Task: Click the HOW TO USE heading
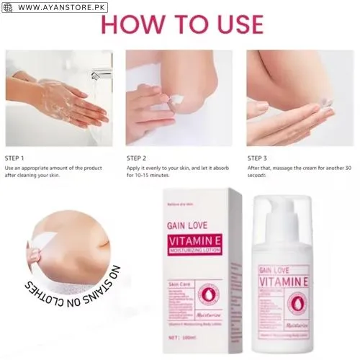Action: (x=181, y=24)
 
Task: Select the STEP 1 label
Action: (x=15, y=157)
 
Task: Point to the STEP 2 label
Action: (x=137, y=157)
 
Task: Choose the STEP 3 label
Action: (x=258, y=157)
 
